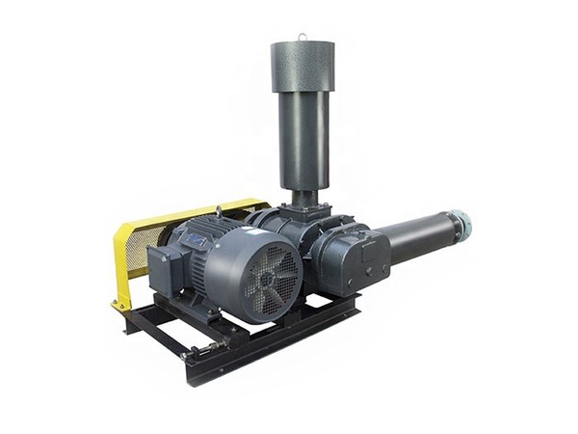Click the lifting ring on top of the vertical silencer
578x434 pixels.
pos(302,38)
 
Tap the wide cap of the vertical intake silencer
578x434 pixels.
pos(302,66)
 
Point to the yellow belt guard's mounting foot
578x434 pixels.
pos(121,305)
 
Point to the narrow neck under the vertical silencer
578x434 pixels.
pos(303,198)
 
